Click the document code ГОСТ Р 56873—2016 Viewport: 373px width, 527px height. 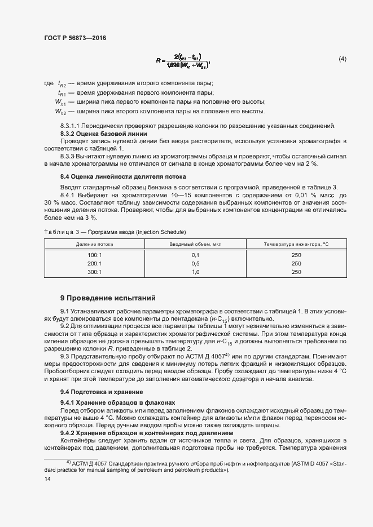coord(74,38)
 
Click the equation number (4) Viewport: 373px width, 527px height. coord(342,59)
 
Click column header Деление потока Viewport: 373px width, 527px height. coord(95,244)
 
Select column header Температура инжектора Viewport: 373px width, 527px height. coord(296,244)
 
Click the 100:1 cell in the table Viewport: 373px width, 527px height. coord(94,255)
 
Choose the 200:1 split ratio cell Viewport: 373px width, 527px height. coord(94,263)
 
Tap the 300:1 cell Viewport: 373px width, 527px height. coord(94,272)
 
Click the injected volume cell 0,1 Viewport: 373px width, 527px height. coord(196,255)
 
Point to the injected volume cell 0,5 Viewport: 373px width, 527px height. coord(196,263)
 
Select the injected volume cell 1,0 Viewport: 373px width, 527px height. coord(196,272)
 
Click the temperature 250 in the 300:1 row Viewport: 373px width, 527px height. coord(296,272)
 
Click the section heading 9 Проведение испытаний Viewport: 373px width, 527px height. coord(108,298)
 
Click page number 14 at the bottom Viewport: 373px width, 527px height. coord(47,479)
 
